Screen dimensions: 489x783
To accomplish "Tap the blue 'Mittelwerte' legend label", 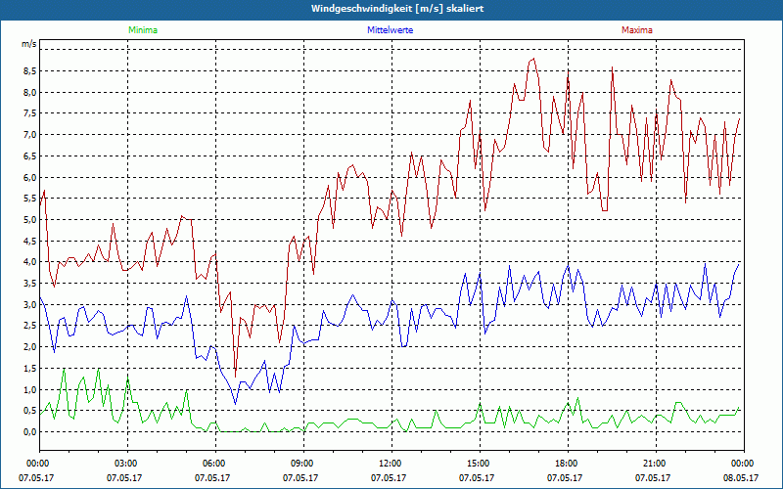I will [390, 30].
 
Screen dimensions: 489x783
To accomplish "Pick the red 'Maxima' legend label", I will [636, 30].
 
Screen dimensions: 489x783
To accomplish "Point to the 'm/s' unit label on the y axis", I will [28, 45].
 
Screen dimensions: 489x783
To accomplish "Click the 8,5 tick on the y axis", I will [28, 71].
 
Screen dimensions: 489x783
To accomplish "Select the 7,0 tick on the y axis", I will [28, 135].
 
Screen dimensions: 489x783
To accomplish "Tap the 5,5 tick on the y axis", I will [28, 199].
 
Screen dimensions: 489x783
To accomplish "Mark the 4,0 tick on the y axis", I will [28, 262].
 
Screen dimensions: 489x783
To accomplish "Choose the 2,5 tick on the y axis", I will [28, 326].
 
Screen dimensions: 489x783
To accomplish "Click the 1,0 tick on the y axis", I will [28, 389].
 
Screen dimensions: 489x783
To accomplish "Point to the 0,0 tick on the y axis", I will [28, 431].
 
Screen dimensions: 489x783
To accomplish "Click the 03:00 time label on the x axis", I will [126, 463].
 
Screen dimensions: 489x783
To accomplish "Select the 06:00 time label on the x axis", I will [214, 463].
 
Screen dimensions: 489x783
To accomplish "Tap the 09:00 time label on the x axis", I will [302, 463].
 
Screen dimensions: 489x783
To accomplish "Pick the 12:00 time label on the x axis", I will [391, 463].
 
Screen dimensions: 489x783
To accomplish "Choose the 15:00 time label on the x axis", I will [479, 463].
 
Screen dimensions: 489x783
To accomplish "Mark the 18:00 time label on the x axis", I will [567, 463].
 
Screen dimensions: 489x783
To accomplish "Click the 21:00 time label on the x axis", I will [655, 463].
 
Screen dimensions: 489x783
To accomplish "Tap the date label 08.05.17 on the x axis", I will [741, 477].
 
